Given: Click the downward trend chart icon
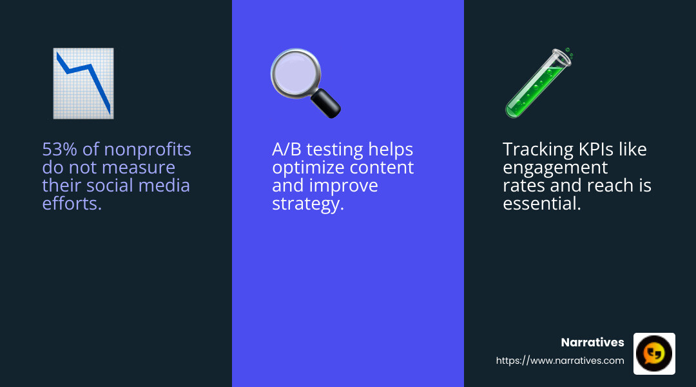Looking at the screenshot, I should [83, 83].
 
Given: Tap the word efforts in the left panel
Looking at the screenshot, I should [72, 204].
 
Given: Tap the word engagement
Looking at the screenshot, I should [555, 168].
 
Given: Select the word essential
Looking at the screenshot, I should [542, 204].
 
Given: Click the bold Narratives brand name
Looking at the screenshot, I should [592, 342].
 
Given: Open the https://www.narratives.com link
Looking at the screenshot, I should [559, 361].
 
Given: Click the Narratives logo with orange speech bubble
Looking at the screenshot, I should [654, 353].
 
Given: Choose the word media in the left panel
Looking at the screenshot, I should [166, 186].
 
